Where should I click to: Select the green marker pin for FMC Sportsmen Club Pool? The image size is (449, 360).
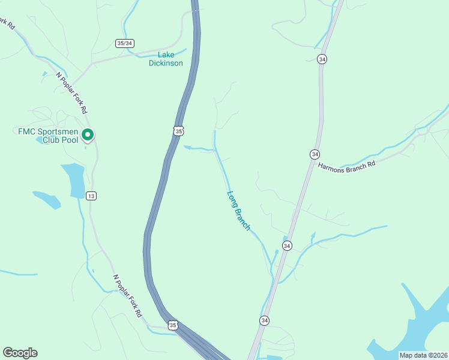coord(88,134)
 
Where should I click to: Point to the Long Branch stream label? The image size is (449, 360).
coord(239,210)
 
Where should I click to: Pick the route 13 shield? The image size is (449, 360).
coord(91,196)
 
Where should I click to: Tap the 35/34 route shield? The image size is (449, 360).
coord(124,43)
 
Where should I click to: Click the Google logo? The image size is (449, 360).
coord(20,353)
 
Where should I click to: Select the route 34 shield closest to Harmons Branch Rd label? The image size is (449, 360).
coord(315,154)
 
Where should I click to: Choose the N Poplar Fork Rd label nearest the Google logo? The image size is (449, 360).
coord(128,296)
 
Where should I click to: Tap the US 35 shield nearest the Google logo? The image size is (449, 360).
coord(173,325)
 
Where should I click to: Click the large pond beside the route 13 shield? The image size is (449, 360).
coord(73,179)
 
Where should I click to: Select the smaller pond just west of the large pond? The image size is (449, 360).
coord(47,199)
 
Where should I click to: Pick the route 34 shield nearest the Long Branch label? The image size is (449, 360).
coord(287,245)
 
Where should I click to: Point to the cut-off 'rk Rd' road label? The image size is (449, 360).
coord(7,26)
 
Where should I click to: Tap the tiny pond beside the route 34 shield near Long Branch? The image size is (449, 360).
coord(285,238)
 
